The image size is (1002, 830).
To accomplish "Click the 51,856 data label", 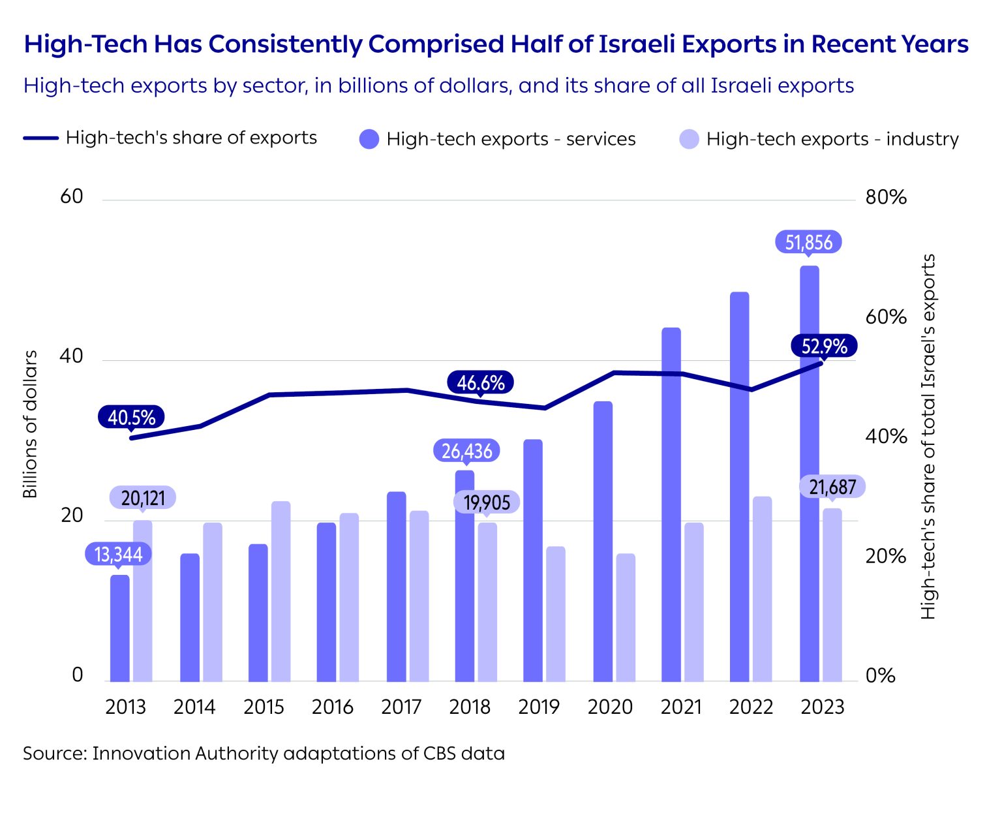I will (x=808, y=243).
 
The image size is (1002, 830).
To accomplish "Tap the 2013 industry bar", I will (x=143, y=600).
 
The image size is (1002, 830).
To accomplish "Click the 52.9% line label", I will (x=823, y=346).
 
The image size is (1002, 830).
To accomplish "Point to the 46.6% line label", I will (x=480, y=382).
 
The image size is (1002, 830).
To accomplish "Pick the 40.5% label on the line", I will (x=131, y=418).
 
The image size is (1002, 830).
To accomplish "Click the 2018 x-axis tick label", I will (x=470, y=707).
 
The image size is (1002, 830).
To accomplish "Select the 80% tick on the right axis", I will (x=885, y=198).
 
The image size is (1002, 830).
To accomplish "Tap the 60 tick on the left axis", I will (x=72, y=197).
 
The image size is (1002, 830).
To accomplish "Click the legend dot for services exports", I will (x=369, y=139).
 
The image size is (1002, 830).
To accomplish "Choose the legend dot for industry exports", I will (x=689, y=139).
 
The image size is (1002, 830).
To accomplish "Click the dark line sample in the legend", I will (x=41, y=138).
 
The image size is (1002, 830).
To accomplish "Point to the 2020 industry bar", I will (x=626, y=617).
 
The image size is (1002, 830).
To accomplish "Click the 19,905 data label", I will (x=487, y=502).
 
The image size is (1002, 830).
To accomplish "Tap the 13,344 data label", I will (x=118, y=555).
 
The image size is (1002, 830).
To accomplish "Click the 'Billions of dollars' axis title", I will (x=30, y=424).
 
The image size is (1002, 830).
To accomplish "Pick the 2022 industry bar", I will (x=762, y=589).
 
